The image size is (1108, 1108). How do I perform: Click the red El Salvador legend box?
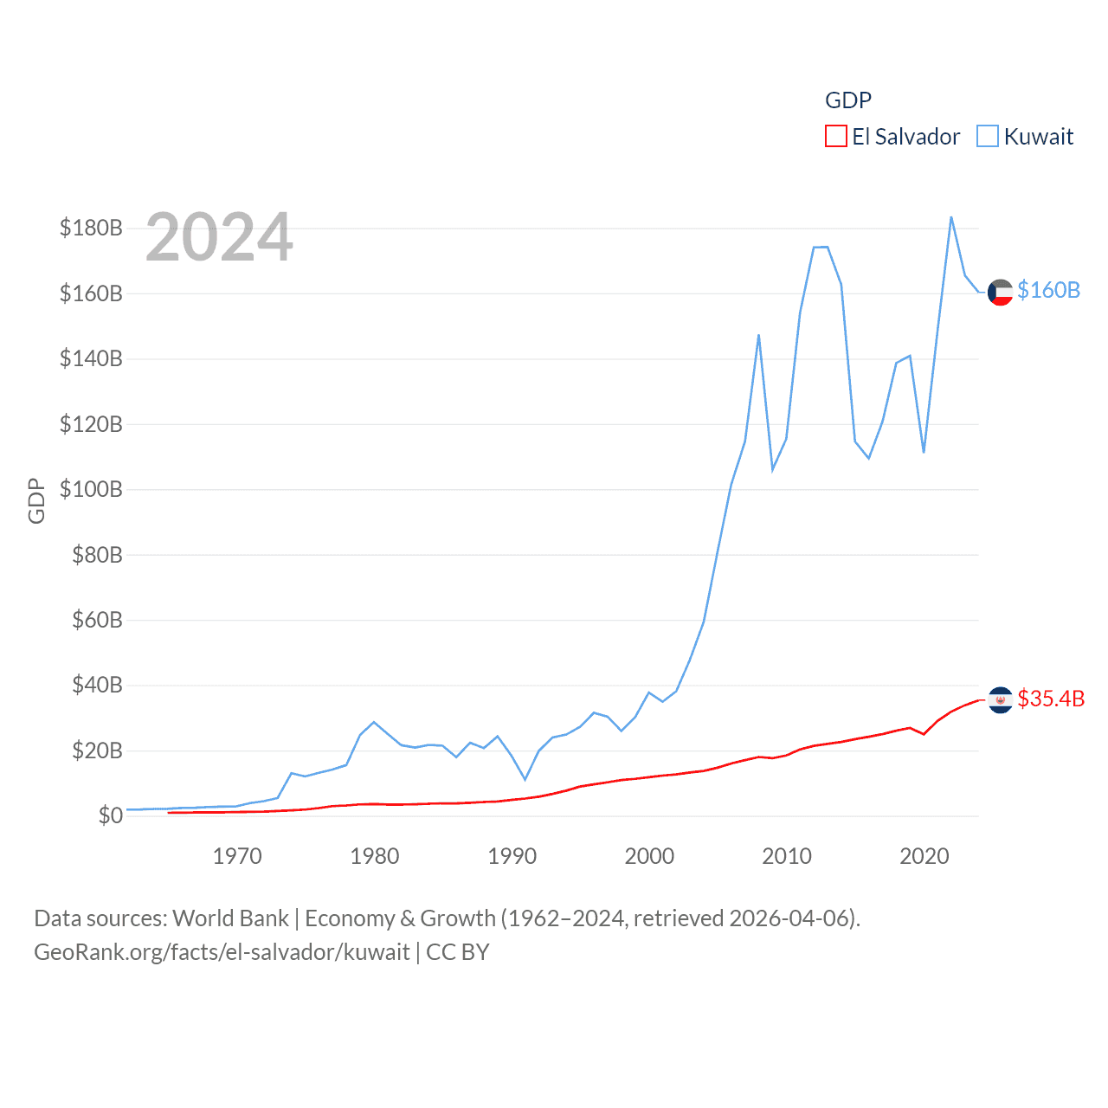(x=835, y=137)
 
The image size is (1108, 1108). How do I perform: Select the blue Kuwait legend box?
(x=988, y=137)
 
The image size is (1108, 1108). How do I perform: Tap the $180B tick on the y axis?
(x=91, y=228)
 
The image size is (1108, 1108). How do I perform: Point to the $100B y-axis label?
(x=91, y=489)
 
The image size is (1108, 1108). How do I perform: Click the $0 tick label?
(x=110, y=815)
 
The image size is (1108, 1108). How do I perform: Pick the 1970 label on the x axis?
(x=237, y=856)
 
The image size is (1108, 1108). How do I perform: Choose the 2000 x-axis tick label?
(x=649, y=856)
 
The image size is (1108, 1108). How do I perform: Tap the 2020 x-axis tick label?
(x=924, y=856)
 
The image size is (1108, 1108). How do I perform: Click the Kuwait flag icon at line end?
(x=1000, y=293)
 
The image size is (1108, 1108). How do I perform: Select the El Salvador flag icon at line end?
(x=1000, y=699)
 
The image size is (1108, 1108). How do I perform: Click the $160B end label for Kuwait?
(x=1048, y=290)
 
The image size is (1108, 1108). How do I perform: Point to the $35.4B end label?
(x=1051, y=699)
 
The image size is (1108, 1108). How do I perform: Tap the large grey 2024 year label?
(x=219, y=237)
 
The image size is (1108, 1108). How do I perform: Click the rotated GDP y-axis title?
(x=36, y=500)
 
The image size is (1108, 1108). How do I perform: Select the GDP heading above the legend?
(x=848, y=100)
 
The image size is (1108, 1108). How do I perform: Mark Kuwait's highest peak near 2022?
(x=951, y=217)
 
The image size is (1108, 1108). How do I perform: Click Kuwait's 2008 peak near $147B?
(x=758, y=335)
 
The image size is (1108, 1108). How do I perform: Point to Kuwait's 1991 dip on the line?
(x=525, y=779)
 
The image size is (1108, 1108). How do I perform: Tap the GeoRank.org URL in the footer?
(x=222, y=952)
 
